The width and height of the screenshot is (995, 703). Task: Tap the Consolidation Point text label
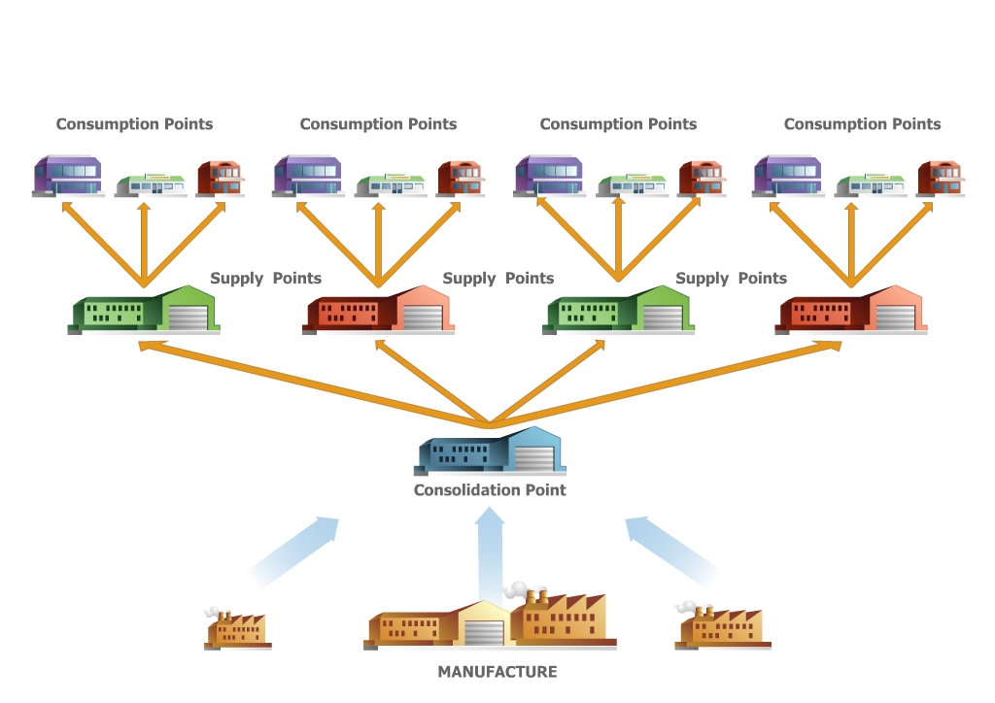pyautogui.click(x=490, y=490)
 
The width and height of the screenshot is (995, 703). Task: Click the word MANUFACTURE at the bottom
pyautogui.click(x=497, y=672)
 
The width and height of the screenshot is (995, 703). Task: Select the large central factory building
pyautogui.click(x=492, y=621)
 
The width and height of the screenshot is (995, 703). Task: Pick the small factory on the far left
pyautogui.click(x=238, y=631)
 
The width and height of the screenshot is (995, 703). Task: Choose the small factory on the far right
pyautogui.click(x=722, y=628)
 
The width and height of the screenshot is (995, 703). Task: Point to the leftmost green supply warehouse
pyautogui.click(x=144, y=312)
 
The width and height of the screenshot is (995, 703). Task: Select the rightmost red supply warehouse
pyautogui.click(x=851, y=312)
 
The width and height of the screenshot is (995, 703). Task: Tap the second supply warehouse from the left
pyautogui.click(x=378, y=312)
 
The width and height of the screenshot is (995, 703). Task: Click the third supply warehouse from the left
pyautogui.click(x=619, y=312)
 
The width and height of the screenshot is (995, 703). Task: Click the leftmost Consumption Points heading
pyautogui.click(x=134, y=124)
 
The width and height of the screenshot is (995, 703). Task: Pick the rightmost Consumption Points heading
pyautogui.click(x=862, y=124)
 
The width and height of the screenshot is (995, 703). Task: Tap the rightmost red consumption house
pyautogui.click(x=941, y=178)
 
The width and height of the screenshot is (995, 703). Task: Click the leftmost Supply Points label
pyautogui.click(x=265, y=279)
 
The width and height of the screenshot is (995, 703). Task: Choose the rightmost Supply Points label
pyautogui.click(x=731, y=279)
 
